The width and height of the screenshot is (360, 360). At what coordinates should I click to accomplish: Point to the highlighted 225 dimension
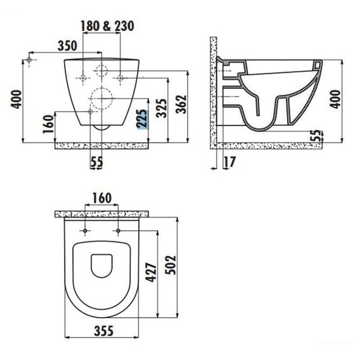coord(144,119)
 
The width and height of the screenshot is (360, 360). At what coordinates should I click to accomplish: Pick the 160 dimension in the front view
coord(48,124)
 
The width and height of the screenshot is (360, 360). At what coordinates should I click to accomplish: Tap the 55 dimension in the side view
coord(318,135)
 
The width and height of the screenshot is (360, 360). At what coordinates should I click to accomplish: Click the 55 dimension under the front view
coord(97,161)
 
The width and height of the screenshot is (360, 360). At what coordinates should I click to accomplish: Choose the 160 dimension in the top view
coord(101,198)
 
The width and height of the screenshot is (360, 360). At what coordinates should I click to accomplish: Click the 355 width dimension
coord(101,331)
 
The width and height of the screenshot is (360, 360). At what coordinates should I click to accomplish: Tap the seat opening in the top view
coord(101,265)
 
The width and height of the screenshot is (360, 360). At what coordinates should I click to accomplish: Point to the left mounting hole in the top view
coord(84,230)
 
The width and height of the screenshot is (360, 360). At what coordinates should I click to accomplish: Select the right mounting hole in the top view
coord(119,230)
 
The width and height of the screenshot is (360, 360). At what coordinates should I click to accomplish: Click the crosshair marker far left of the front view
coord(29,59)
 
